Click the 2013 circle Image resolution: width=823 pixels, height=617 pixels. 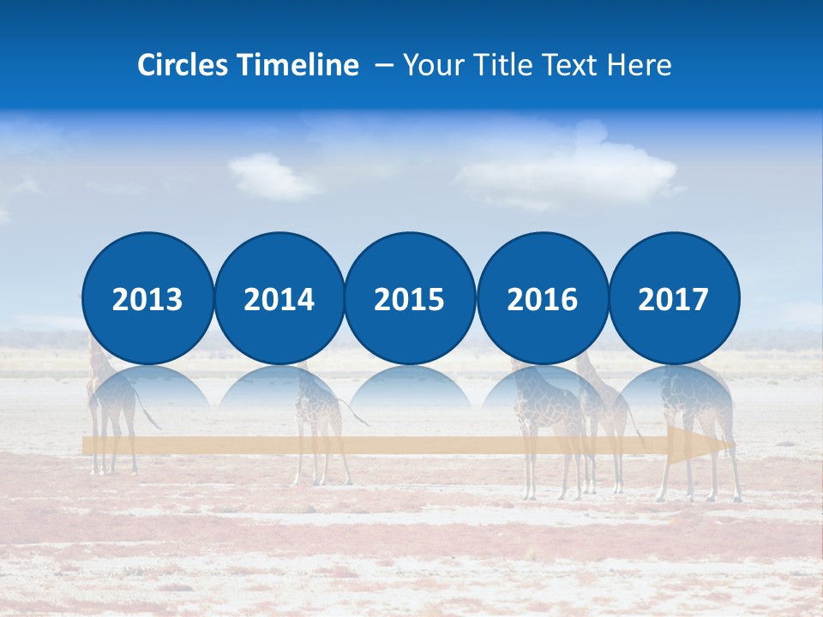[147, 298]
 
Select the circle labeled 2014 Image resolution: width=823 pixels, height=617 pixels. [279, 298]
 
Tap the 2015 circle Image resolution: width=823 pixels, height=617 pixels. [410, 298]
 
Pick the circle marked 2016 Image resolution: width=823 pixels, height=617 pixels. [543, 298]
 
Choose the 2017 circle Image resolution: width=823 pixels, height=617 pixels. [674, 298]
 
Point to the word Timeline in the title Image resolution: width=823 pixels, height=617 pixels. [299, 65]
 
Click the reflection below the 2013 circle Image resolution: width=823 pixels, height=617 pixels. [147, 386]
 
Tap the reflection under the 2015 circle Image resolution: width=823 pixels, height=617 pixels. [410, 386]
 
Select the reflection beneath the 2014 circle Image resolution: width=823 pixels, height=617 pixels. [279, 386]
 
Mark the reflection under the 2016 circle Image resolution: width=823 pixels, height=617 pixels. [543, 386]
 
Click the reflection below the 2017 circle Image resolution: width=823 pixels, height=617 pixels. [674, 386]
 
